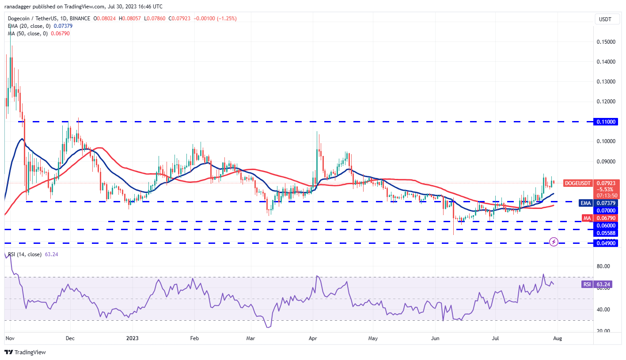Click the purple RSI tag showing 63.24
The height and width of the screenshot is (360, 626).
(x=587, y=284)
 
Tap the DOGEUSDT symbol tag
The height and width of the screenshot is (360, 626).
(x=578, y=183)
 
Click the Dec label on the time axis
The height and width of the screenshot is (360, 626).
(x=70, y=339)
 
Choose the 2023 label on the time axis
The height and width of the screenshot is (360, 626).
(x=132, y=339)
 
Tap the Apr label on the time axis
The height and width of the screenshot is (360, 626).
(x=312, y=339)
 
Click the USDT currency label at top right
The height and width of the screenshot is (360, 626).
(x=604, y=19)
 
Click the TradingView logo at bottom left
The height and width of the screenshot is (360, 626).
(x=26, y=352)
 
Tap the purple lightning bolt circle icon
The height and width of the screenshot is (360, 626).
(x=554, y=242)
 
